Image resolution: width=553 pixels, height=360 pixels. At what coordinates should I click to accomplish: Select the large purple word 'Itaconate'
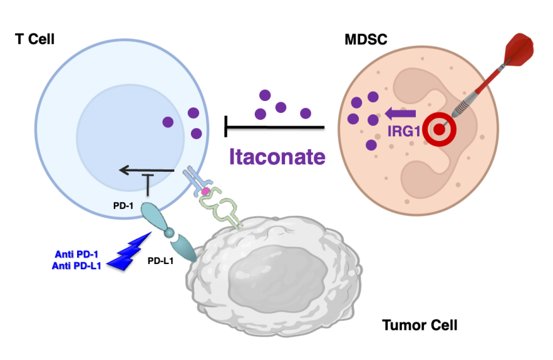click(x=277, y=156)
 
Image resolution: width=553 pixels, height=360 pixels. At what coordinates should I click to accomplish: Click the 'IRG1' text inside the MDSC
click(x=404, y=132)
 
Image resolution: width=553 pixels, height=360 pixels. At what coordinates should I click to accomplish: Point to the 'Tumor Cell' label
click(x=420, y=326)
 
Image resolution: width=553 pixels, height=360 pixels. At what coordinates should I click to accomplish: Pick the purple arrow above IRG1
click(x=400, y=114)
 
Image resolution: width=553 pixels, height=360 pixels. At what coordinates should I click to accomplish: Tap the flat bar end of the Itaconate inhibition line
click(x=227, y=126)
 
